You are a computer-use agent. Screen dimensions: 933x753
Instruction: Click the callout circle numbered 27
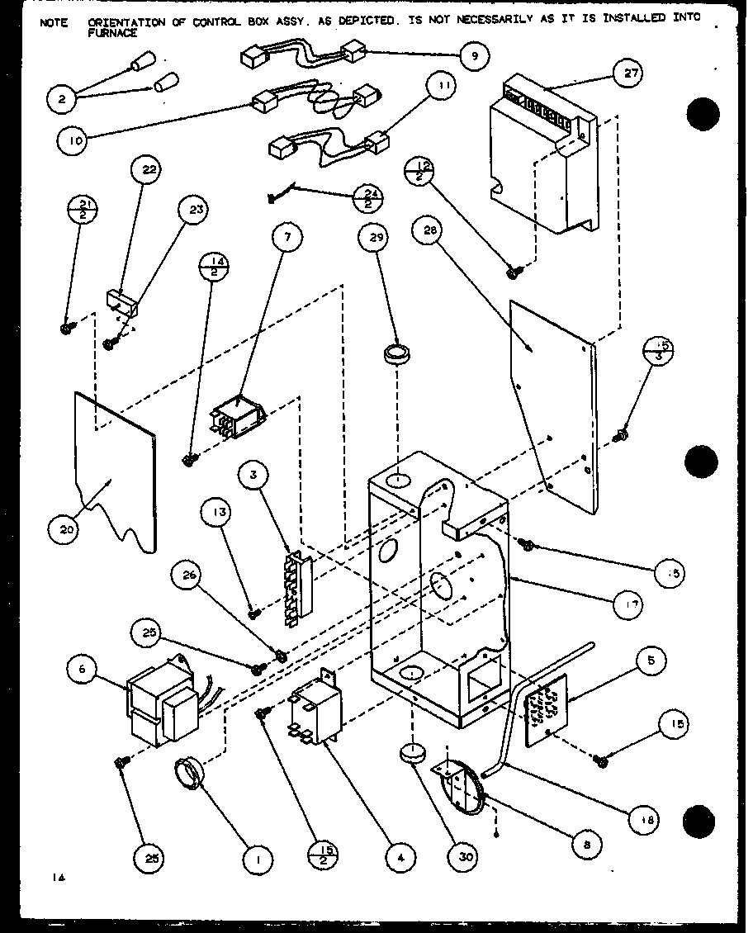[632, 73]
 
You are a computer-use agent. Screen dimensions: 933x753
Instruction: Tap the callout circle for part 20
[68, 529]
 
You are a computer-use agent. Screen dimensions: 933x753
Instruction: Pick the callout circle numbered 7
[287, 241]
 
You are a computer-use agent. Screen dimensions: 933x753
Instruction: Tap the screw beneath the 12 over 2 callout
[512, 268]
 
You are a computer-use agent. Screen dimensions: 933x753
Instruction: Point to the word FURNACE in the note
[109, 34]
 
